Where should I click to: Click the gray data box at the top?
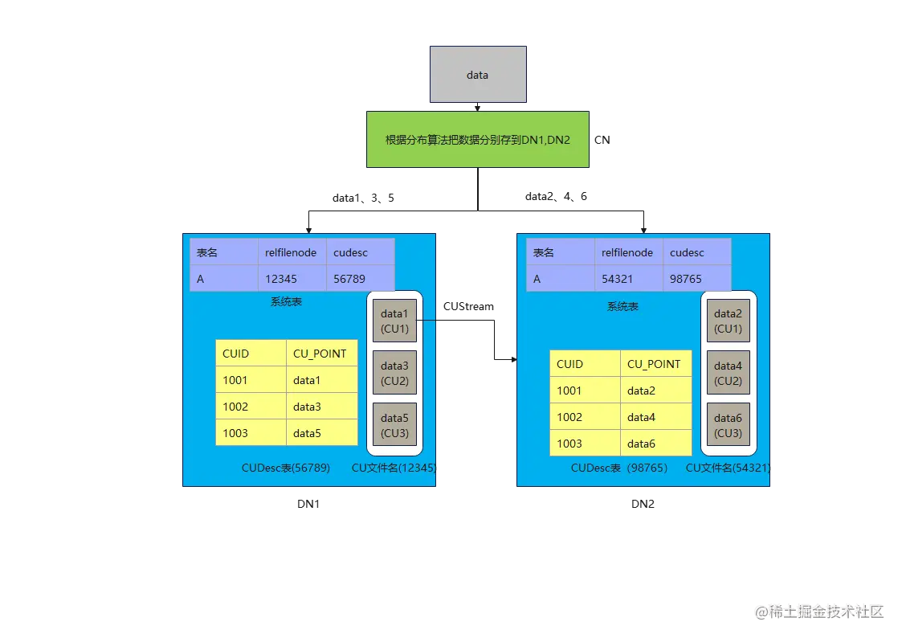coord(478,75)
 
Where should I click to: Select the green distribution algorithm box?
coord(478,139)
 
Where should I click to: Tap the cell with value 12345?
coord(292,279)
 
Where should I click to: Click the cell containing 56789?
coord(360,279)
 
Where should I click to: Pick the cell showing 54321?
coord(629,279)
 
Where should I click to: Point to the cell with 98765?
coord(696,279)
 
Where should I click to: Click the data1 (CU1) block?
coord(394,321)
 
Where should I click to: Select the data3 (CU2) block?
coord(394,373)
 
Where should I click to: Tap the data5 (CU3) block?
coord(394,425)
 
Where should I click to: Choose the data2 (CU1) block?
coord(728,321)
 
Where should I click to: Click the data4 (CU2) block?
coord(728,373)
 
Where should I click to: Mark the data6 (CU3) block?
coord(728,425)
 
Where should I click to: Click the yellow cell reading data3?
coord(321,407)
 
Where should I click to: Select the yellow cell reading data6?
coord(655,444)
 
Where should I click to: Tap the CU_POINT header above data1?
coord(321,354)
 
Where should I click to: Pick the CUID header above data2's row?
coord(585,364)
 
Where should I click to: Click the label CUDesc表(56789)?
coord(286,468)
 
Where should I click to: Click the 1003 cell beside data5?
coord(251,433)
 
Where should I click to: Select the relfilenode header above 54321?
coord(629,252)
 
